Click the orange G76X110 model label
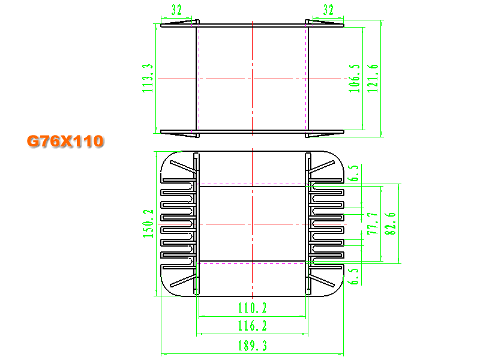(65, 141)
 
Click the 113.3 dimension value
(148, 79)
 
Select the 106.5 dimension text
(354, 79)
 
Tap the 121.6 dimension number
(373, 79)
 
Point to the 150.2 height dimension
(148, 224)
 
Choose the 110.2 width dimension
(252, 308)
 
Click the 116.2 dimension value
(252, 326)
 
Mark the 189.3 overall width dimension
(252, 346)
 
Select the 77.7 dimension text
(373, 224)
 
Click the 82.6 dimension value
(391, 224)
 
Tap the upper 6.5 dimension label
(354, 173)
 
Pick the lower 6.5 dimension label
(354, 276)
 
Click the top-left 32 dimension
(176, 10)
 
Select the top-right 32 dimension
(328, 10)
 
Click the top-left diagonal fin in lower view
(182, 166)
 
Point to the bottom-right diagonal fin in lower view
(322, 281)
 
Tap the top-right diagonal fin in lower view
(322, 167)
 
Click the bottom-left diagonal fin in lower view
(182, 281)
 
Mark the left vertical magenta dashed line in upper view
(199, 79)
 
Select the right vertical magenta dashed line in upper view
(306, 79)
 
